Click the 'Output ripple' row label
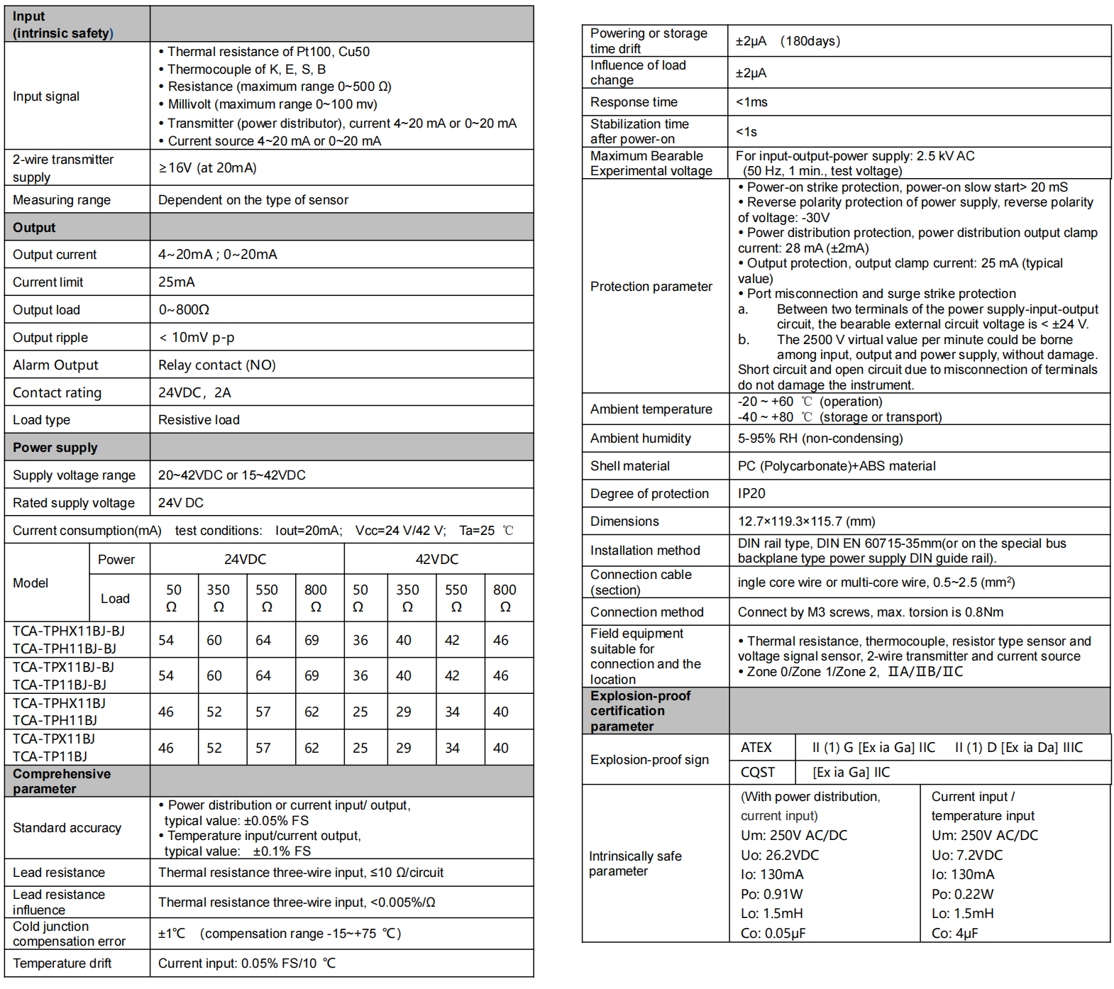point(50,338)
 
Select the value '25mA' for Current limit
point(177,282)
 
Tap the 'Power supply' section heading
point(55,448)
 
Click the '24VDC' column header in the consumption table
point(246,559)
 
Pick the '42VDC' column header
point(437,559)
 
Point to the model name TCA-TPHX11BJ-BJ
point(69,631)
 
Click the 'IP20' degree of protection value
point(751,494)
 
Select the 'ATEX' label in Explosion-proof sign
point(756,748)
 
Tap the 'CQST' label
point(758,773)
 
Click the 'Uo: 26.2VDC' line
point(780,855)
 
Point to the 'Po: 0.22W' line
point(963,894)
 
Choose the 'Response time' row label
point(634,102)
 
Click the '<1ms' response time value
point(751,102)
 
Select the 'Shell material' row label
point(630,466)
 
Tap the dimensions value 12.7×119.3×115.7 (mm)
point(807,521)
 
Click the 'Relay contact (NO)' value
point(217,365)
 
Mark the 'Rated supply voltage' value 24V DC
point(181,503)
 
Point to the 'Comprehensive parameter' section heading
point(62,781)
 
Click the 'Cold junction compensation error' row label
point(69,934)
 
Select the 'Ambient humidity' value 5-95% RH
point(820,438)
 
